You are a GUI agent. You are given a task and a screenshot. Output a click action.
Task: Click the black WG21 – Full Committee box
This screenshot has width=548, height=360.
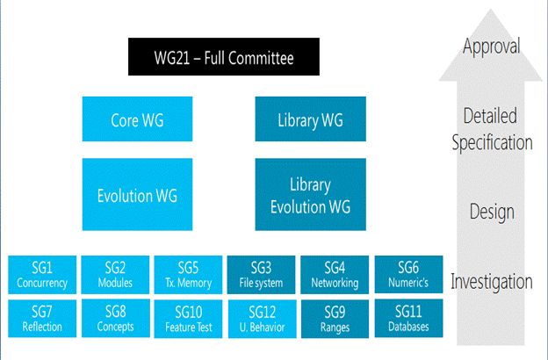tap(224, 59)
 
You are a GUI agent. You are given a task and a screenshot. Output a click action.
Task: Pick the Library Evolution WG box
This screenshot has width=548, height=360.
tap(310, 195)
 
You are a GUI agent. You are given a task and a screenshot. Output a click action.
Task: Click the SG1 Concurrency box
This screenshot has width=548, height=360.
tap(41, 275)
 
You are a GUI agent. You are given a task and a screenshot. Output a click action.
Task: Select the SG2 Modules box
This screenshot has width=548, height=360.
tap(115, 275)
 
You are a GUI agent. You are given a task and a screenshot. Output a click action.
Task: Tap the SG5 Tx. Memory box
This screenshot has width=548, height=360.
tap(188, 275)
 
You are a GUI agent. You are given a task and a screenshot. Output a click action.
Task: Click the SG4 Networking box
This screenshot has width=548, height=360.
tap(335, 275)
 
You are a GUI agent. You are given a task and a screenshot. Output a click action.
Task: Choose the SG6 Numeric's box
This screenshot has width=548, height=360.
tap(408, 275)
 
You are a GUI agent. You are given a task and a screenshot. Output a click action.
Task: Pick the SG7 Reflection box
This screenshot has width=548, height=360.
tap(41, 319)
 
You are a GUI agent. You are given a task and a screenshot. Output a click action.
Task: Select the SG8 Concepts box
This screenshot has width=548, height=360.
tap(115, 319)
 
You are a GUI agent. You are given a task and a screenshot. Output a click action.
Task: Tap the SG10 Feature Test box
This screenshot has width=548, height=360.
tap(188, 319)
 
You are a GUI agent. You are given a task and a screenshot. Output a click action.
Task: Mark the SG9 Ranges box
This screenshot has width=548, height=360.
tap(335, 319)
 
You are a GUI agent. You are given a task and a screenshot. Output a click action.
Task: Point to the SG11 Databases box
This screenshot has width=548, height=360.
tap(408, 319)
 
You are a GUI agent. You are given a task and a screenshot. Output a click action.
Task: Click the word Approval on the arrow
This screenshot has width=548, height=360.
tap(491, 46)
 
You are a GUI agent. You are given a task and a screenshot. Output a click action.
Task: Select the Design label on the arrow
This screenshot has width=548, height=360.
tap(491, 212)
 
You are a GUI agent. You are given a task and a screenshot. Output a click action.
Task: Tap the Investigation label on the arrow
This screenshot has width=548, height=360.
tap(491, 282)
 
